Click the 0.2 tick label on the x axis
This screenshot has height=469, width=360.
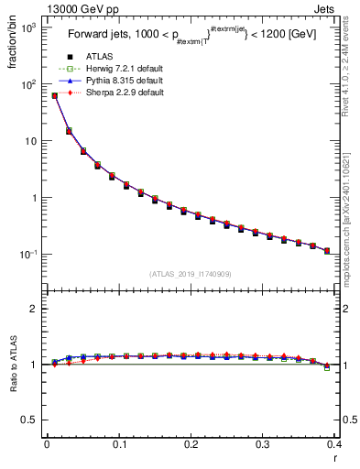(191, 446)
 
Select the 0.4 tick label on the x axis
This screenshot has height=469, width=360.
(333, 446)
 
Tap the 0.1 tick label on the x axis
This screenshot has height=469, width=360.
(118, 446)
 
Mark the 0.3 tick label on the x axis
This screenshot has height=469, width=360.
(262, 446)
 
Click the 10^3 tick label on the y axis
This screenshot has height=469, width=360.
(27, 28)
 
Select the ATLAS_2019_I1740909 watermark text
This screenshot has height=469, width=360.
(190, 274)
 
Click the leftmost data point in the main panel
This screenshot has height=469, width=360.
(55, 95)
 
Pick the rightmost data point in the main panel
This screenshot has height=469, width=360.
(327, 250)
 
